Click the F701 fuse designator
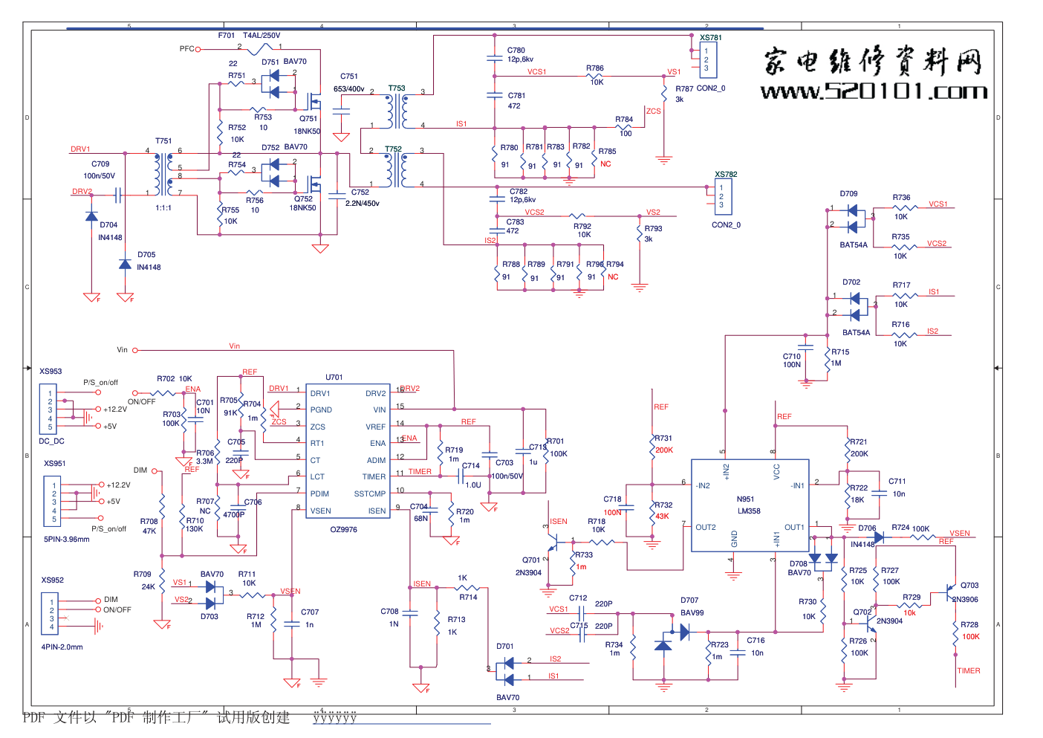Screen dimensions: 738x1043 [227, 35]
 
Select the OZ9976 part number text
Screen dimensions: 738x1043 [343, 530]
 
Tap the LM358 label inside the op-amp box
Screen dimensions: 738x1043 [749, 511]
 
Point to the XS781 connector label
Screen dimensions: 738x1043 [710, 37]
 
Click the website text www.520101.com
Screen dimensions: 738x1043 [874, 91]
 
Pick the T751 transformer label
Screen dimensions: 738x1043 [163, 140]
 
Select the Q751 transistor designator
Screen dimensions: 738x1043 [308, 118]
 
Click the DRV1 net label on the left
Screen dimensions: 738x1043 [80, 149]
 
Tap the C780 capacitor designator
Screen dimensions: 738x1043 [516, 51]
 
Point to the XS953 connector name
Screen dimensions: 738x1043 [51, 371]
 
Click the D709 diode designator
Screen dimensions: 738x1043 [848, 193]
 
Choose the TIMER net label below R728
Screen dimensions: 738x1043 [968, 670]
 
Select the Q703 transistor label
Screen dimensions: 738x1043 [969, 585]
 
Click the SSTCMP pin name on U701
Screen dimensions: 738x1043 [369, 493]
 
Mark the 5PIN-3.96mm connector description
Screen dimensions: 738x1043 [66, 539]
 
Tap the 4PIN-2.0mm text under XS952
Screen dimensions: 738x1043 [62, 647]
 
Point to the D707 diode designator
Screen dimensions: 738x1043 [689, 600]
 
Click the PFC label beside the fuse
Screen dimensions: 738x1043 [186, 49]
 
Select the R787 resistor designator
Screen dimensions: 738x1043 [684, 88]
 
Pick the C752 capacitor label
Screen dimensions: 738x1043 [360, 192]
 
